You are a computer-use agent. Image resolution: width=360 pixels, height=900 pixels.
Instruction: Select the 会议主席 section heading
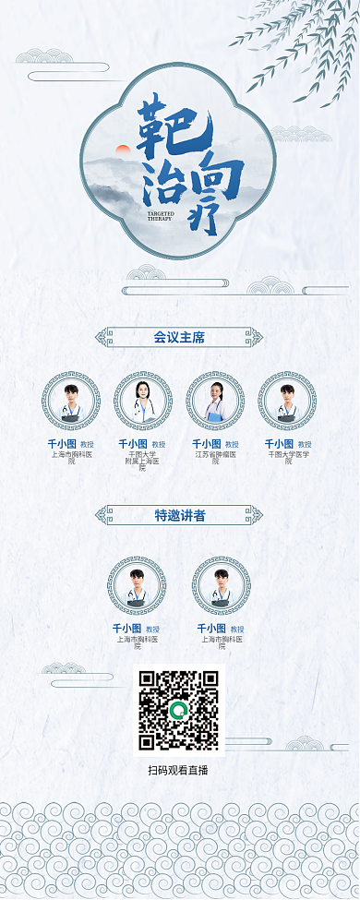[x=179, y=338]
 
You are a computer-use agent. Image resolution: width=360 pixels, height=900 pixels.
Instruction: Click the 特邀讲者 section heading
[x=179, y=515]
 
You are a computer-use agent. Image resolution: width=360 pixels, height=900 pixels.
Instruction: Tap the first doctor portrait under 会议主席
[x=71, y=402]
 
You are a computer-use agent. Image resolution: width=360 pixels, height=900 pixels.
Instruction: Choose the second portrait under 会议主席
[x=143, y=402]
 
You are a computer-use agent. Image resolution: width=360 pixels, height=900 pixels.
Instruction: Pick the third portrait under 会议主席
[x=215, y=402]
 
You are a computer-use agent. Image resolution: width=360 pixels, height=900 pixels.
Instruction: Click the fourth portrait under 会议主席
[x=287, y=402]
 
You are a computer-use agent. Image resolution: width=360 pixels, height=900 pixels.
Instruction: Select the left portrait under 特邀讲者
[x=137, y=585]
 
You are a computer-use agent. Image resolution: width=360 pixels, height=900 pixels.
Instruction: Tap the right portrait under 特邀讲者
[x=222, y=585]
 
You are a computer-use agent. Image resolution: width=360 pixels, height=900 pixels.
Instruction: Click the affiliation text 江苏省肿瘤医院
[x=215, y=457]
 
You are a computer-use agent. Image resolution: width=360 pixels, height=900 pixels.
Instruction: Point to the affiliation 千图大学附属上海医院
[x=143, y=461]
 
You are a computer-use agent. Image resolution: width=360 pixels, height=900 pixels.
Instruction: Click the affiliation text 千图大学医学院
[x=288, y=457]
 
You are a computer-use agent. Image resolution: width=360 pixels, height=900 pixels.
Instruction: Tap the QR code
[x=179, y=710]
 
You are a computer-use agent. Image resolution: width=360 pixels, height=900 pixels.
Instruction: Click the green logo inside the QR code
[x=179, y=710]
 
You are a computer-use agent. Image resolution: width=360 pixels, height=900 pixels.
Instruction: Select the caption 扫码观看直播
[x=178, y=770]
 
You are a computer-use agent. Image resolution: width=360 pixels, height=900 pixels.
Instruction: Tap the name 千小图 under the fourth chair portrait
[x=279, y=444]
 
